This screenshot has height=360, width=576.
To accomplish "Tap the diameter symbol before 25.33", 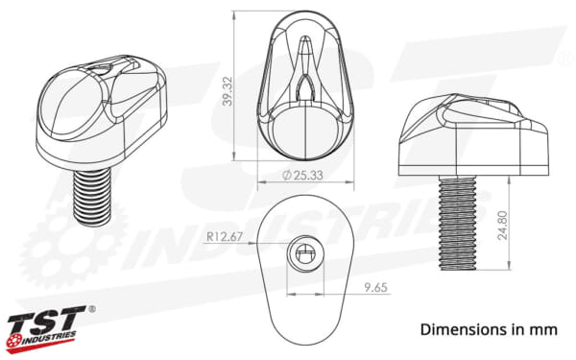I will (x=289, y=176).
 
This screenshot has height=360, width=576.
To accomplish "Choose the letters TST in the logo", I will (x=48, y=319).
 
